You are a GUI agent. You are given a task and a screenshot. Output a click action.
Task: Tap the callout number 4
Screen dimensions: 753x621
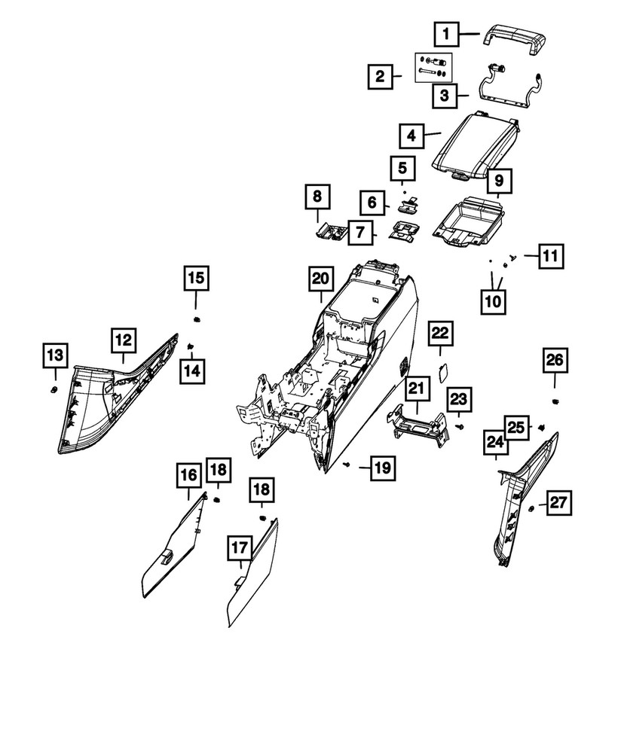coord(411,136)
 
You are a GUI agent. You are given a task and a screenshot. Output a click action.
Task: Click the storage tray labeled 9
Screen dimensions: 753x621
coord(469,220)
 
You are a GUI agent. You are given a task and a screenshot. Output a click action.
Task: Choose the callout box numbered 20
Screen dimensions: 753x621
coord(320,279)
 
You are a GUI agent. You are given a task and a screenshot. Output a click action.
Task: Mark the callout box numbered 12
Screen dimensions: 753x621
coord(124,341)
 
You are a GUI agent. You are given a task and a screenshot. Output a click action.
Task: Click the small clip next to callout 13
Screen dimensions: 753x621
coord(54,389)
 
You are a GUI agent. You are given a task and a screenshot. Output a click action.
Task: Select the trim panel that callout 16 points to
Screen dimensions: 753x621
coord(173,546)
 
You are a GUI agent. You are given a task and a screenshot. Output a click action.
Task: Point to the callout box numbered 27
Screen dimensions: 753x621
coord(560,503)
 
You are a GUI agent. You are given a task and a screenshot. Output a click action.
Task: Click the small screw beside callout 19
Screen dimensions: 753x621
coord(345,466)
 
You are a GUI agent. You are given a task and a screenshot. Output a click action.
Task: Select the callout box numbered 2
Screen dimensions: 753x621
coord(381,76)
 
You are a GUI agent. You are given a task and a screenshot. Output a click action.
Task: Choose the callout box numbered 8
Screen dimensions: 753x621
coord(317,199)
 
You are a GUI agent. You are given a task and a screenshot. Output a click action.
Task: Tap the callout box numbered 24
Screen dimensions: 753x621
coord(495,447)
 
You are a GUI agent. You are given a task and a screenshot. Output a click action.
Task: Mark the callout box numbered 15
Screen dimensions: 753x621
coord(196,279)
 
